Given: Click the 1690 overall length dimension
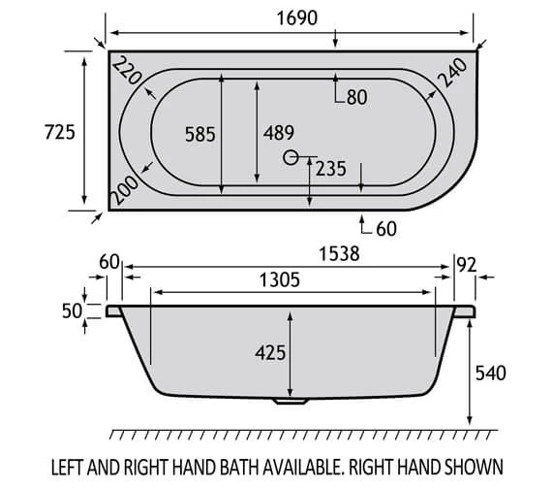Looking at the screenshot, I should click(291, 16).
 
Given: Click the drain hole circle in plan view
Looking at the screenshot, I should click(291, 157).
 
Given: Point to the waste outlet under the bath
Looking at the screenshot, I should click(288, 399).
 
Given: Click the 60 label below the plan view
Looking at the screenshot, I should click(386, 229).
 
